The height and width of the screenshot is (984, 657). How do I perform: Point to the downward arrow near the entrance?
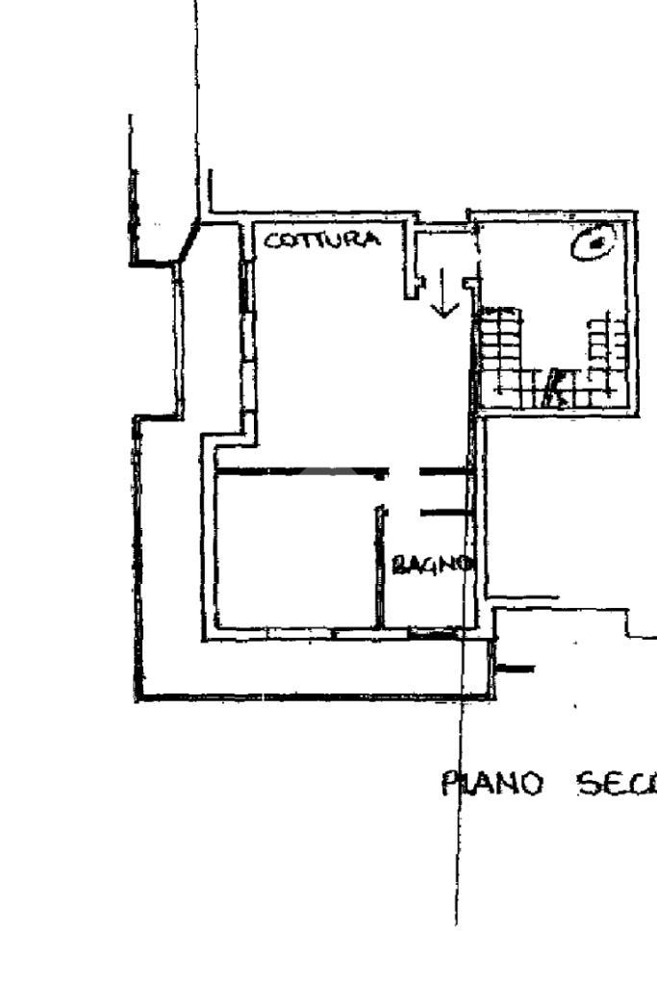443,292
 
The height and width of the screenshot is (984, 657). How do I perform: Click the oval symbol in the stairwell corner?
595,243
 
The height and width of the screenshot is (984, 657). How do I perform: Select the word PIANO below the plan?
493,784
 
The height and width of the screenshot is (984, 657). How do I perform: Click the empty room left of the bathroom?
293,548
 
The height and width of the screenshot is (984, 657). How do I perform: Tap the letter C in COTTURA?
272,240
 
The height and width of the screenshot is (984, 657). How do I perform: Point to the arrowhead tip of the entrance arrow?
443,315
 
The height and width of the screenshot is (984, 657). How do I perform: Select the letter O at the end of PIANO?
535,785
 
